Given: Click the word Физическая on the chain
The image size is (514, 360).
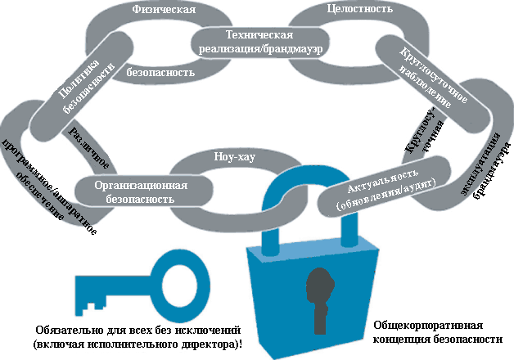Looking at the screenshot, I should point(163,10).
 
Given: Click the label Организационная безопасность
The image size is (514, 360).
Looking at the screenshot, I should point(141,192).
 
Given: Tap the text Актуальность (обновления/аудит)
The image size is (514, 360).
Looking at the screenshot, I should point(385,190).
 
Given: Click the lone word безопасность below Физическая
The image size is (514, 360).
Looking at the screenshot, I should point(160,72).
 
